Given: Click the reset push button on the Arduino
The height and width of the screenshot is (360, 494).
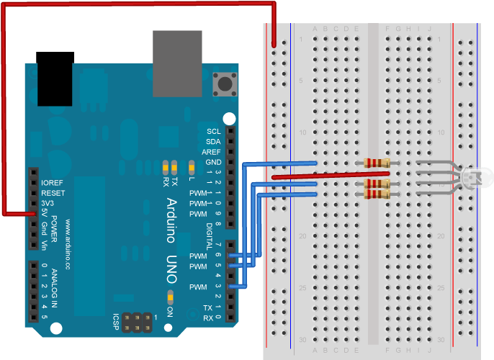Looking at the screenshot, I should pos(225,84).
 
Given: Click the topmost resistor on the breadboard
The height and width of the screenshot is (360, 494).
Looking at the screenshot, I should pos(377,163).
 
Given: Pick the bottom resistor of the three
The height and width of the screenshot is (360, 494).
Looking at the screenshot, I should pos(377,194).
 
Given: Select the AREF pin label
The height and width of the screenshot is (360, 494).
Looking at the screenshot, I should pos(212,152).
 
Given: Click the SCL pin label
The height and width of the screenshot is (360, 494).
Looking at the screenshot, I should pos(214,131).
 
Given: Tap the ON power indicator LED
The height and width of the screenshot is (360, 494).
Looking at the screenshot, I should pos(171,297).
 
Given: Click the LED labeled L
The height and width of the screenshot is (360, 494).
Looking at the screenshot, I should pos(191,168).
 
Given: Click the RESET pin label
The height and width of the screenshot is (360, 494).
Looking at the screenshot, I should pos(53,193).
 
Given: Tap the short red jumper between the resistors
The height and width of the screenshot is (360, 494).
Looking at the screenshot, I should pos(331,175).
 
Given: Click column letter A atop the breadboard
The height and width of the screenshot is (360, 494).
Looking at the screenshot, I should pos(315,29).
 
